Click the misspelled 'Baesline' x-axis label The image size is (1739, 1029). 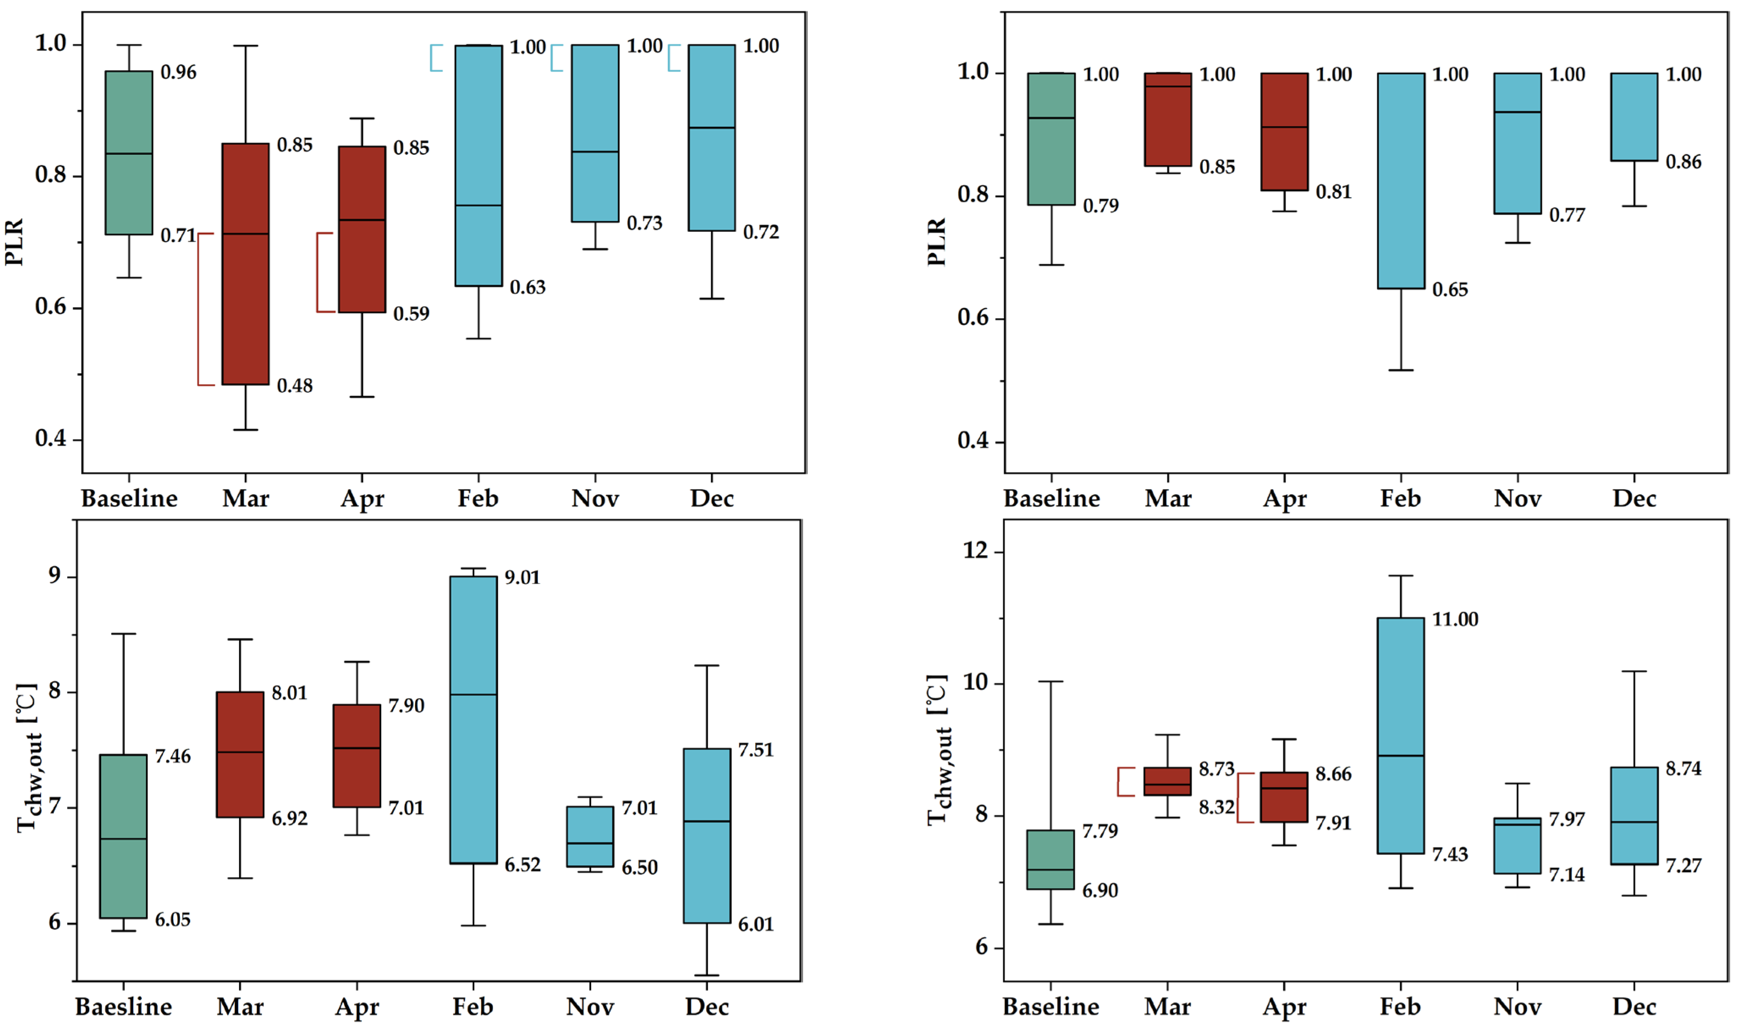pos(124,1006)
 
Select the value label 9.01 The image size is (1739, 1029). pos(522,578)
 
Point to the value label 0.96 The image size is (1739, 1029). pos(178,72)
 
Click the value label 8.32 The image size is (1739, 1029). pos(1216,807)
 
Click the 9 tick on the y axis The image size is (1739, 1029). pos(54,576)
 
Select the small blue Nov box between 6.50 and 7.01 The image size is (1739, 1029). pos(590,836)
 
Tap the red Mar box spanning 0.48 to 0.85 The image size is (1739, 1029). pos(245,264)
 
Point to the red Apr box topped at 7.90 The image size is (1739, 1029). pos(357,756)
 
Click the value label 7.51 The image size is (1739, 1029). pos(755,750)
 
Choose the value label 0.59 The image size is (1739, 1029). pos(411,314)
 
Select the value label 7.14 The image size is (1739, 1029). pos(1566,875)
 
